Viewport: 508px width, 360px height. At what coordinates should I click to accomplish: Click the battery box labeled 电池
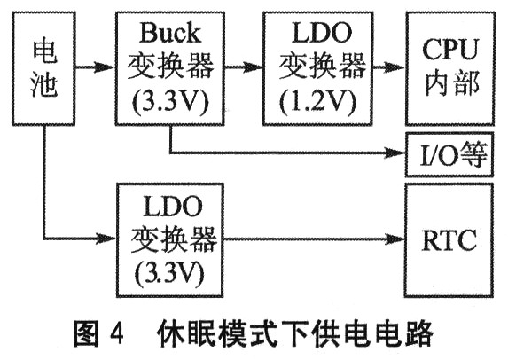43,68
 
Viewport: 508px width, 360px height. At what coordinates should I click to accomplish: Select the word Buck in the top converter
170,33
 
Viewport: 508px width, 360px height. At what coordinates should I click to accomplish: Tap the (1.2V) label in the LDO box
317,102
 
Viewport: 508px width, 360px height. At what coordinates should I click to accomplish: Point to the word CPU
450,49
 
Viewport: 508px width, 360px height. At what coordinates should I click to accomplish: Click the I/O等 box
449,154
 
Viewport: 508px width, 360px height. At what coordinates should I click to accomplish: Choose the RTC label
449,239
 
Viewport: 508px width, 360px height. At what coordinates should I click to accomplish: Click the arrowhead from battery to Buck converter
106,67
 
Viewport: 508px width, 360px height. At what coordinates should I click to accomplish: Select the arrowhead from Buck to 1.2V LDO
253,67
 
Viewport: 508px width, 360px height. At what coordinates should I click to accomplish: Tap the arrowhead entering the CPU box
396,67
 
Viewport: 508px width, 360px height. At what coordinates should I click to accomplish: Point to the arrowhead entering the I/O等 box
396,153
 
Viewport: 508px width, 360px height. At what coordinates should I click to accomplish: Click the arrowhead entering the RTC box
396,239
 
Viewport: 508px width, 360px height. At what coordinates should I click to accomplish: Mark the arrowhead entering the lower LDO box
106,239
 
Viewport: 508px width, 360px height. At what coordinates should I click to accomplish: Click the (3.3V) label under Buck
170,102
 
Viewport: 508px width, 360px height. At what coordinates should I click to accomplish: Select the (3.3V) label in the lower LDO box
171,274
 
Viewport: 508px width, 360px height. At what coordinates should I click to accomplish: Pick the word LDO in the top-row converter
321,33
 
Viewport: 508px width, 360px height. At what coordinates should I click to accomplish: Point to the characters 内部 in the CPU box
451,83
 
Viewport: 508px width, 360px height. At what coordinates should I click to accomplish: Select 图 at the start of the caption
86,333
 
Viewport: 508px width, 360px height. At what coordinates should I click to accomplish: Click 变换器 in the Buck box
170,67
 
